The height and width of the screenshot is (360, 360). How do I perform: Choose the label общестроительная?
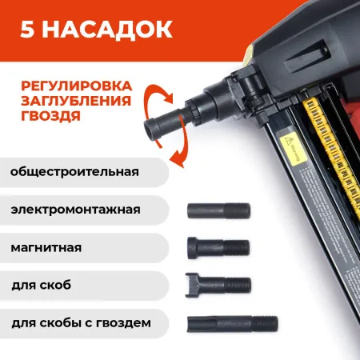(76, 172)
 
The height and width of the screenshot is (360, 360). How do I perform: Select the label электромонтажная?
(76, 210)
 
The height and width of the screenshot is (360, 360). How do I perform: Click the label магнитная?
(46, 247)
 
